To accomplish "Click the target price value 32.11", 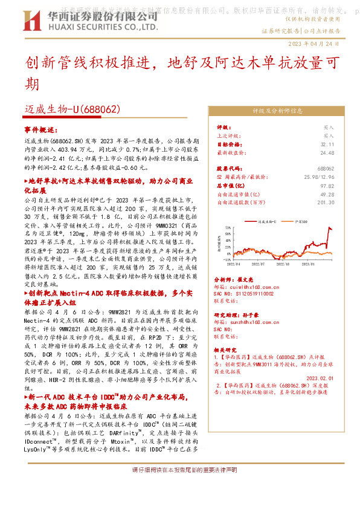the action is coord(327,144).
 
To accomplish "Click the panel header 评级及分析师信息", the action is coord(277,111).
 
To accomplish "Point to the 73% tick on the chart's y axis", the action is coord(230,228).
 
